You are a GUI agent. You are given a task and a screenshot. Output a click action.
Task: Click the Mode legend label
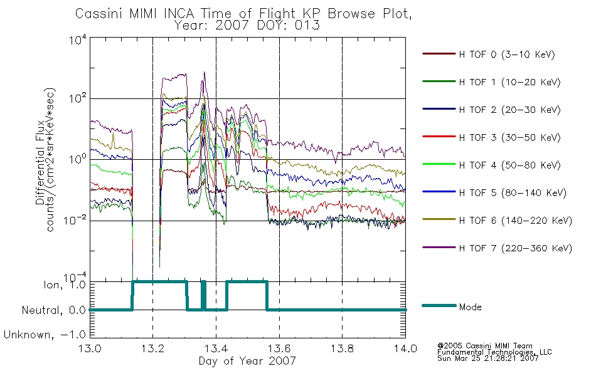[x=470, y=307]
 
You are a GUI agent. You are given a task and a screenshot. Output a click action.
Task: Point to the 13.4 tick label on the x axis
[x=216, y=348]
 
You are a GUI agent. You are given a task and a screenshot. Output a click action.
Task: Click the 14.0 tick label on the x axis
[x=405, y=348]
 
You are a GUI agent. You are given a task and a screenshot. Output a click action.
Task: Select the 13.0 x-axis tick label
[x=90, y=348]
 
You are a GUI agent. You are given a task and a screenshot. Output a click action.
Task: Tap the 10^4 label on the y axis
[x=78, y=40]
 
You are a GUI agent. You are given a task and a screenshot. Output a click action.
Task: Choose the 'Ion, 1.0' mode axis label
[x=65, y=285]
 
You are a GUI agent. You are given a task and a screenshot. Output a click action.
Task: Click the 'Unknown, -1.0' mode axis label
[x=45, y=335]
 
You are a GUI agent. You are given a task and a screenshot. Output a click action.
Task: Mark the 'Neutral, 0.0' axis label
[x=53, y=310]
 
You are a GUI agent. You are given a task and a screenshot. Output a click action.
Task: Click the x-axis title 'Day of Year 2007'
[x=247, y=361]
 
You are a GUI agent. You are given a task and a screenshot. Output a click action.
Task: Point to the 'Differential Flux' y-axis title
[x=40, y=162]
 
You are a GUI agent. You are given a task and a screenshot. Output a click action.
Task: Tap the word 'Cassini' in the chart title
[x=100, y=14]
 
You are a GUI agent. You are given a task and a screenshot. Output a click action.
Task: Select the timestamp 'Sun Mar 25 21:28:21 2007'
[x=487, y=358]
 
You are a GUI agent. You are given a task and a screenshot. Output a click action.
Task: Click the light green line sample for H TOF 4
[x=439, y=164]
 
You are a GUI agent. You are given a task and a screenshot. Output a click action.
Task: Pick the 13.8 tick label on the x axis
[x=342, y=348]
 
